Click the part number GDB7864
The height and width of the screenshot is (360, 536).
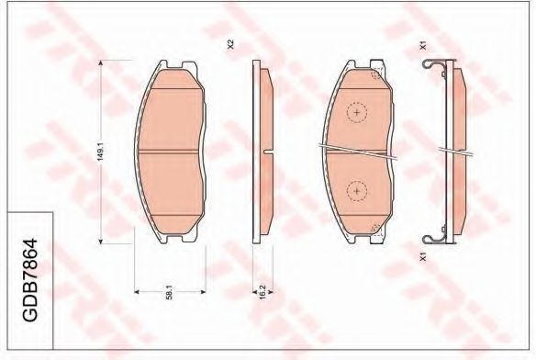point(29,280)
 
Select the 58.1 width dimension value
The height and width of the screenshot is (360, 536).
point(169,294)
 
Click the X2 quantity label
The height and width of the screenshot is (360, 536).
point(230,44)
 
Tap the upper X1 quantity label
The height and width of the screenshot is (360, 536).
point(423,46)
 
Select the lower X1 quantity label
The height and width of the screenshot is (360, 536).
point(423,256)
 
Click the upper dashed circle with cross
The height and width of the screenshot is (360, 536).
point(357,112)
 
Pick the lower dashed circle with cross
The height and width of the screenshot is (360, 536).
point(357,191)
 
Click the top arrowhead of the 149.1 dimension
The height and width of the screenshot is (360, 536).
point(101,63)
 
